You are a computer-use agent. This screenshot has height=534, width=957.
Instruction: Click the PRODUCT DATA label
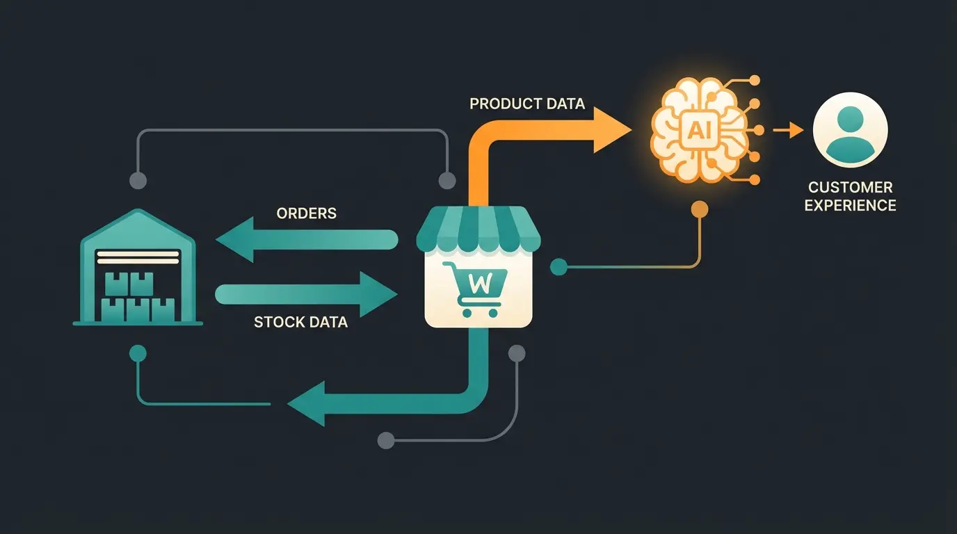tap(527, 104)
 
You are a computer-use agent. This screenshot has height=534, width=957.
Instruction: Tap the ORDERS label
tap(306, 213)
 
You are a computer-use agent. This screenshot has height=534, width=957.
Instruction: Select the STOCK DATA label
tap(300, 323)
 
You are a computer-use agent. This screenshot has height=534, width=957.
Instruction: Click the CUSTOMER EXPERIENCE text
tap(850, 196)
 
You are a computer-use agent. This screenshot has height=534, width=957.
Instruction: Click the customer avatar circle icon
tap(850, 130)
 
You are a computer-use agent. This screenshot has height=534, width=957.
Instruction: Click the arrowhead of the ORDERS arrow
tap(234, 241)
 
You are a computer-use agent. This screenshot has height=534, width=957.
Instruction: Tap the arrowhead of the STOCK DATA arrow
tap(378, 295)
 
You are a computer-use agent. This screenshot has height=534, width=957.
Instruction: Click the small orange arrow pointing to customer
tap(789, 130)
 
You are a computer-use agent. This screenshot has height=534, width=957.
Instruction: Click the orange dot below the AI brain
tap(700, 209)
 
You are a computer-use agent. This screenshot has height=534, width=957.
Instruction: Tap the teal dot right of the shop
tap(558, 266)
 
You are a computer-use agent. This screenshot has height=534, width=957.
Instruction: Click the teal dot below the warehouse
tap(138, 353)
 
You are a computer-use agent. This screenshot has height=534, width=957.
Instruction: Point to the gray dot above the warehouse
tap(138, 181)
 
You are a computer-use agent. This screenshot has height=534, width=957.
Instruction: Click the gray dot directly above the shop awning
tap(447, 181)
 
